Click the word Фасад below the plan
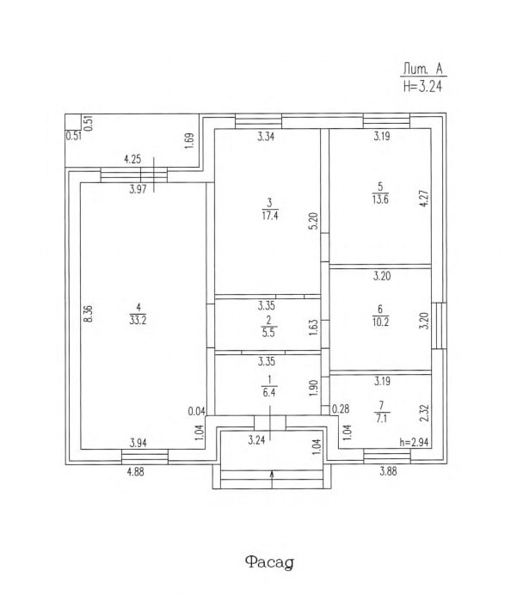pos(269,562)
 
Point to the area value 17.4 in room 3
pos(269,215)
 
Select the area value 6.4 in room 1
pos(269,391)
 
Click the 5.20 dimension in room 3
pos(314,218)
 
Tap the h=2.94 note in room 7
pos(415,443)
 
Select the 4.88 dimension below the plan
pos(134,470)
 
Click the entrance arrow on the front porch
pos(273,474)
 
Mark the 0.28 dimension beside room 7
pos(340,408)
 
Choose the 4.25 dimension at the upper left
pos(132,158)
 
